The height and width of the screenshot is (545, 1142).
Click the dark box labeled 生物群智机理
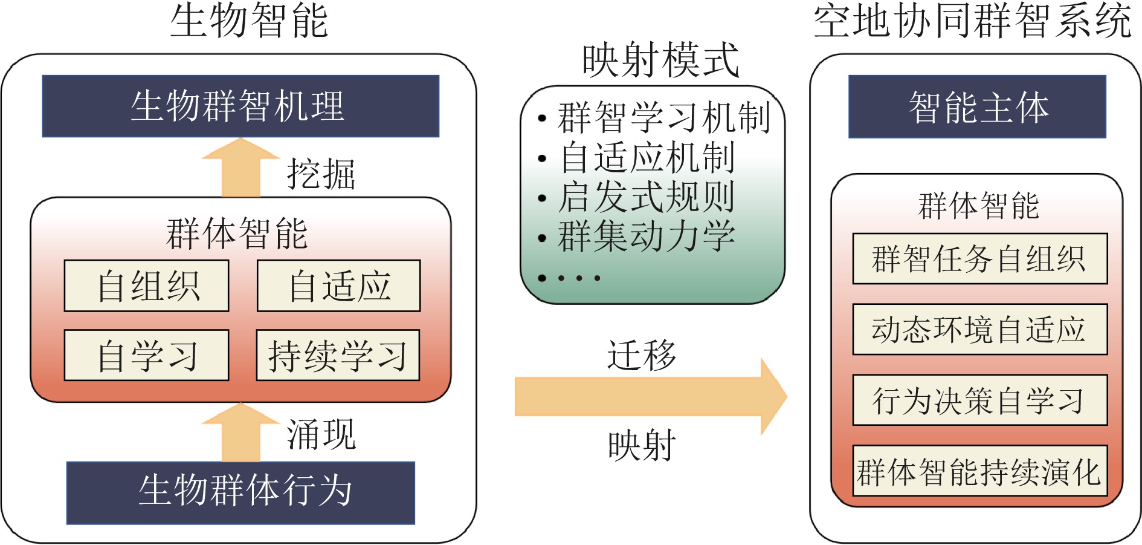click(240, 106)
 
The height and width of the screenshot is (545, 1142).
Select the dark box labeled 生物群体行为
click(240, 492)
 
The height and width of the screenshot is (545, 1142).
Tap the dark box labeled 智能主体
click(977, 106)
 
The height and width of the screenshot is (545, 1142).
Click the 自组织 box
click(146, 286)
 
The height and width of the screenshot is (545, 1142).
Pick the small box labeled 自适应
click(338, 286)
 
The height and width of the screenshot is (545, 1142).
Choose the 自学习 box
click(146, 355)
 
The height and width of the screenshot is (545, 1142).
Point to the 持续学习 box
click(338, 355)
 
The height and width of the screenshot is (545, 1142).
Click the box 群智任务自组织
click(979, 258)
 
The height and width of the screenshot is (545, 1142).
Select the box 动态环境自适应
click(979, 329)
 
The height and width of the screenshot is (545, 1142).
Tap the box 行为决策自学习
click(979, 400)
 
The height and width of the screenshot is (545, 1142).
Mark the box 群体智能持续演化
click(979, 471)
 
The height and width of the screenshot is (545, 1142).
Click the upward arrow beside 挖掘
click(240, 168)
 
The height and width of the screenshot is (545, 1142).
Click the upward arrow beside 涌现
click(240, 432)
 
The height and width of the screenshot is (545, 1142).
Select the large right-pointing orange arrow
click(651, 397)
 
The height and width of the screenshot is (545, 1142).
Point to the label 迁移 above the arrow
click(642, 354)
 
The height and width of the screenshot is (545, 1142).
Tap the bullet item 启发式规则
click(646, 197)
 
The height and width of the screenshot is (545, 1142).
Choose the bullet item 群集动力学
click(646, 236)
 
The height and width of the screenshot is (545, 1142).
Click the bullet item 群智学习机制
click(663, 117)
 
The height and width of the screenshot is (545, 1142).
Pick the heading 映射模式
click(660, 60)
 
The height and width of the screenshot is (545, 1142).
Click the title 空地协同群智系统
click(972, 21)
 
